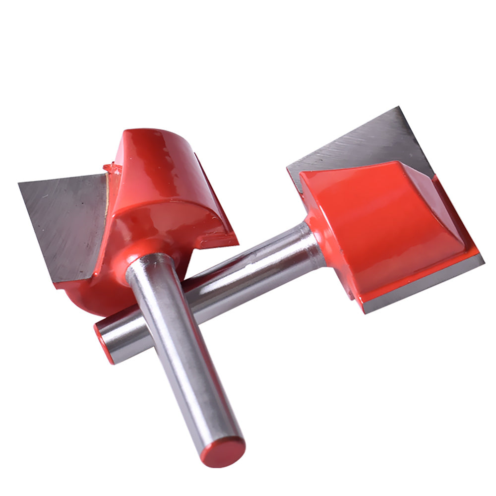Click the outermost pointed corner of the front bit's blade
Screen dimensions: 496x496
[19, 184]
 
